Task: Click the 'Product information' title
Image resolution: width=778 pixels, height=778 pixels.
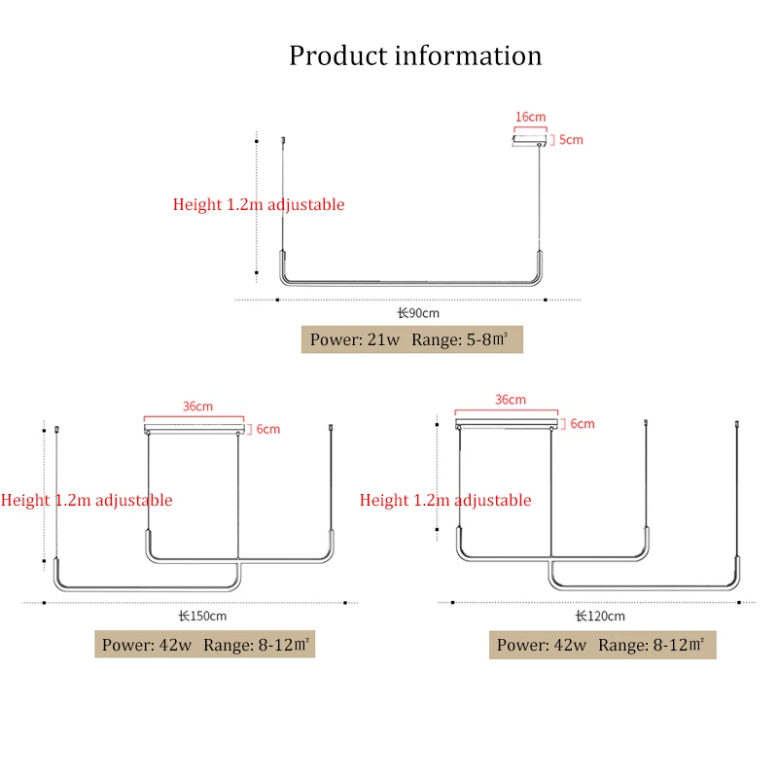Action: [415, 55]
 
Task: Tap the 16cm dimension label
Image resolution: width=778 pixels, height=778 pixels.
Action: [530, 117]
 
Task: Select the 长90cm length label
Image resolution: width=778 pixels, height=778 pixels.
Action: [418, 313]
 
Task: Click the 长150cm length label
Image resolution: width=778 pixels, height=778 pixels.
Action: [202, 616]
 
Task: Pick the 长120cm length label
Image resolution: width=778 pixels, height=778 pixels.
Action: [600, 616]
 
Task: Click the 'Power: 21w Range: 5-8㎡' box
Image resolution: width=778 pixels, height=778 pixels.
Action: [412, 339]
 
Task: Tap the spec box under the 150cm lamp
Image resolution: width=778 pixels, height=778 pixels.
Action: [205, 645]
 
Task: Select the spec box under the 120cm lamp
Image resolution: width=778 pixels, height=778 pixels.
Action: [602, 645]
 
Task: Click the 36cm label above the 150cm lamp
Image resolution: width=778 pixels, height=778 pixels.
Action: [197, 407]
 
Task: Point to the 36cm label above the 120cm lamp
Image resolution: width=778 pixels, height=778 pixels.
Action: [510, 400]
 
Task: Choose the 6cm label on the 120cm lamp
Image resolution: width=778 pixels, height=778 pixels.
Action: [582, 424]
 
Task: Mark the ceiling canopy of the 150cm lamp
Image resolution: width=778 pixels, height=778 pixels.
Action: [196, 429]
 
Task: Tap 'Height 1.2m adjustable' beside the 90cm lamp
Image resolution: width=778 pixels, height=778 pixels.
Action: [259, 204]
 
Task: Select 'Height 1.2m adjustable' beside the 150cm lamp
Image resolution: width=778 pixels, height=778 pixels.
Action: [87, 500]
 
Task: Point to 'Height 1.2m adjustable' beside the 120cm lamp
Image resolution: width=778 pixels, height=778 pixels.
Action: [445, 500]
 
